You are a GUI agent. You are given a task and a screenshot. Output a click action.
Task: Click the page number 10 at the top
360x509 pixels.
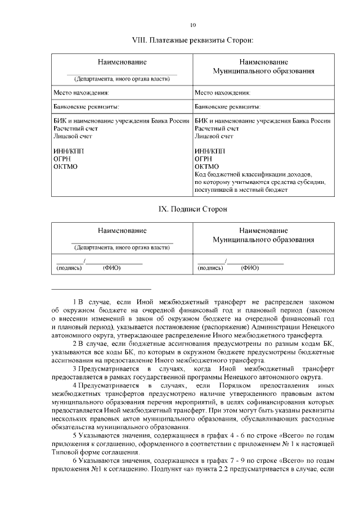click(x=193, y=25)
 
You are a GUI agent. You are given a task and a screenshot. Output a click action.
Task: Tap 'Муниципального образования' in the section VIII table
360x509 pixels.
click(x=263, y=71)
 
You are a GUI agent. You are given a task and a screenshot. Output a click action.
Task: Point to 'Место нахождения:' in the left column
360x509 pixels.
click(x=81, y=92)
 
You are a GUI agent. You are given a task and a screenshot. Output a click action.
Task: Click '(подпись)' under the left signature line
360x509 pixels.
click(x=69, y=268)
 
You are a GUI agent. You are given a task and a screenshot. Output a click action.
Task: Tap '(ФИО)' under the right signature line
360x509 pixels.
click(x=249, y=268)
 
